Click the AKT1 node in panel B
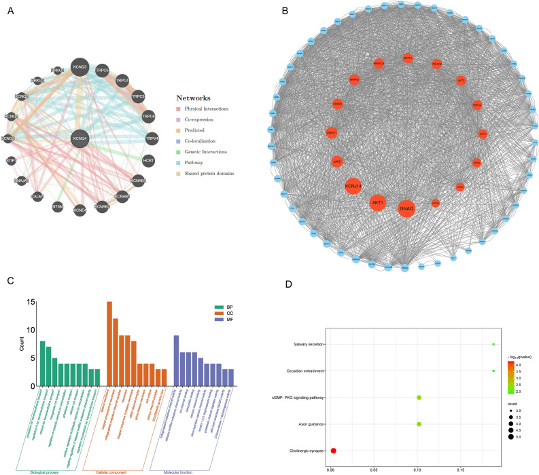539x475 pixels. [x=377, y=202]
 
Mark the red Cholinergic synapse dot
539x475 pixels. [x=333, y=450]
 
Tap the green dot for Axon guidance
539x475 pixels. [x=419, y=424]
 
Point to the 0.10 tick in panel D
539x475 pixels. [x=417, y=468]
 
